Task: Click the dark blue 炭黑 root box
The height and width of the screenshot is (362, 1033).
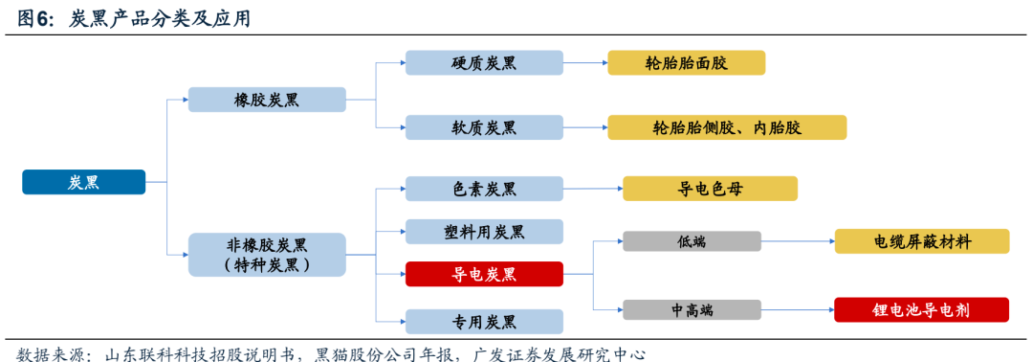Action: point(83,182)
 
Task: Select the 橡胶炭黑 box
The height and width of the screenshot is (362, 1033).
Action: point(267,100)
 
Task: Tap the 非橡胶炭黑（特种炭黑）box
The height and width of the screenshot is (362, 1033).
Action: point(267,255)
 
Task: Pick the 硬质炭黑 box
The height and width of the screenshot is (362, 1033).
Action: point(484,63)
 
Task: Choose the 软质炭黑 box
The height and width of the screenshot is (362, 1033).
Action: point(484,127)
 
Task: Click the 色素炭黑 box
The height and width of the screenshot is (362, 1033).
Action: point(484,190)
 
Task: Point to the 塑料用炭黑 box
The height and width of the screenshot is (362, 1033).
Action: point(484,231)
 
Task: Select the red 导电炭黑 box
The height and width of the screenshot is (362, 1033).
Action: point(484,274)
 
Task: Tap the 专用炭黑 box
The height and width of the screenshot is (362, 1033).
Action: point(484,321)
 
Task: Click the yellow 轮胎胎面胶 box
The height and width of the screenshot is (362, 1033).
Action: point(687,63)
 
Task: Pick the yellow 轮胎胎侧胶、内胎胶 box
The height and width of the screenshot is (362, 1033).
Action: point(727,127)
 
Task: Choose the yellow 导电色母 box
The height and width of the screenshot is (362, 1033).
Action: point(710,189)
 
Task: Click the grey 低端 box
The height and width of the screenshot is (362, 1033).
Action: point(692,241)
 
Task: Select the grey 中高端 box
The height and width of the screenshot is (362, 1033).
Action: point(692,309)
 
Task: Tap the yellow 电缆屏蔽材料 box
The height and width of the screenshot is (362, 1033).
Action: point(922,241)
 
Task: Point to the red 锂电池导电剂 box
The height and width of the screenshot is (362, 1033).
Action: point(922,309)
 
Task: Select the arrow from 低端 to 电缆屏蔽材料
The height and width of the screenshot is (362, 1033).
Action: point(798,241)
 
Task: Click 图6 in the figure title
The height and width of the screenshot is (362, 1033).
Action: point(36,20)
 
